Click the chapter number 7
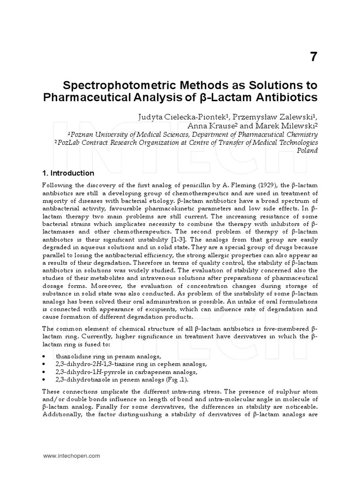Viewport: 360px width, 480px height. (313, 57)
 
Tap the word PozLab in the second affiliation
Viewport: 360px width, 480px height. (69, 142)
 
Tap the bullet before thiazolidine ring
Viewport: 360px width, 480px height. (44, 357)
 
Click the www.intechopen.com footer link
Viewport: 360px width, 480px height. (71, 455)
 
